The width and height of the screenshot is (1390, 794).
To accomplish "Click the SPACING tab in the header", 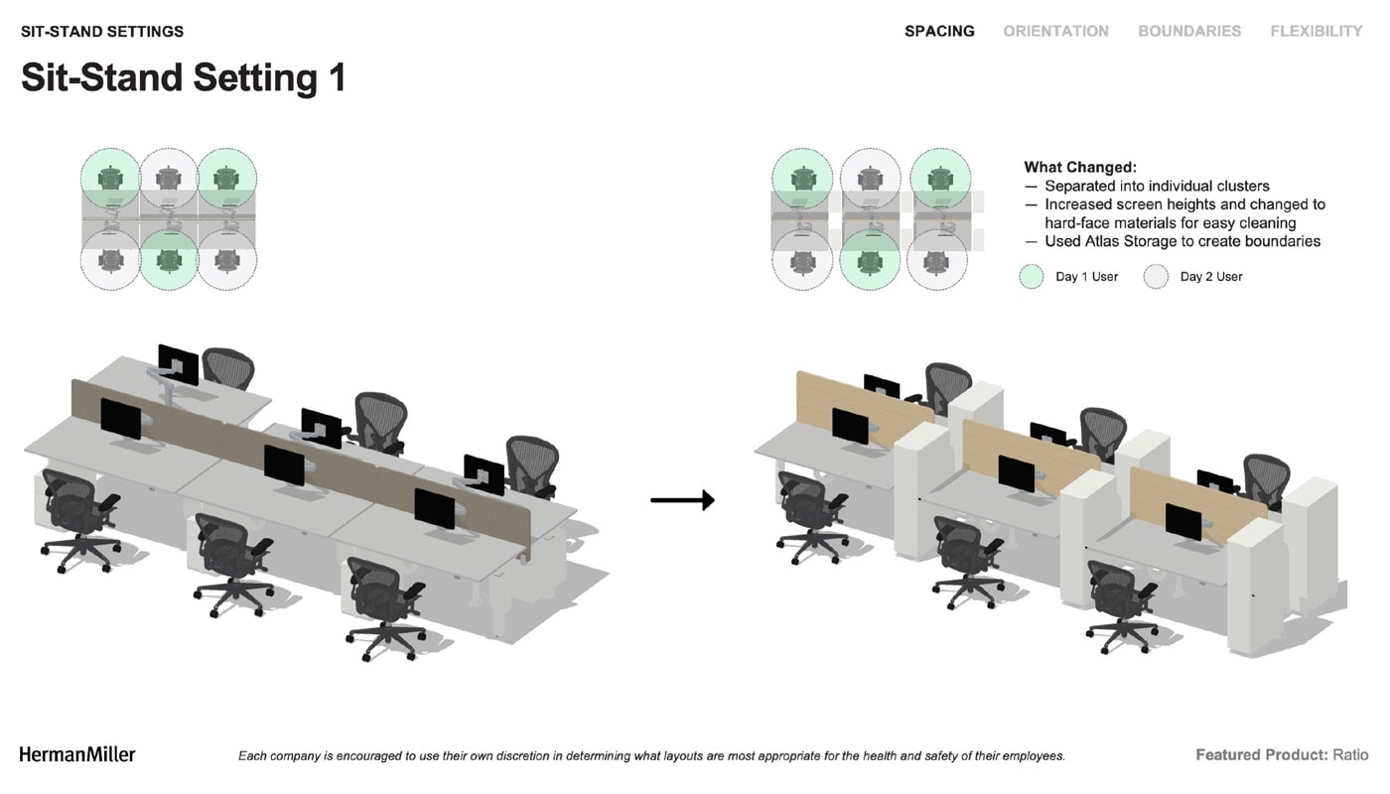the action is pos(939,31).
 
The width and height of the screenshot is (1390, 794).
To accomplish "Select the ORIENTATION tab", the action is pos(1055,31).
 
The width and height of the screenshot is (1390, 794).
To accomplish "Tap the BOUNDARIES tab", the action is pos(1189,31).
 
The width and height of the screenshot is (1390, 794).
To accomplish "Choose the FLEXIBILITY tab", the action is pos(1317,31).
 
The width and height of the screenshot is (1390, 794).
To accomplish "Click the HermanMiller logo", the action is pos(77,754).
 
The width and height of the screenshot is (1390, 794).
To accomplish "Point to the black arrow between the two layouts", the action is pos(683,500).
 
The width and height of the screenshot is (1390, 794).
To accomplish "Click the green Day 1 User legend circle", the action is pos(1032,277).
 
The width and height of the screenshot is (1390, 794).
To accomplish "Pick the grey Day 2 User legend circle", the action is pos(1156,277).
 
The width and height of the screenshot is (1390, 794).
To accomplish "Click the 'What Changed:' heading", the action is pos(1080,167).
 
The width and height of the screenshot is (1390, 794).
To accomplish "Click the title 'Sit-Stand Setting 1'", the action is pos(184,77).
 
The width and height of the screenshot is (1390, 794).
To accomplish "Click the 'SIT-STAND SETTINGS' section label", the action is pos(102,32).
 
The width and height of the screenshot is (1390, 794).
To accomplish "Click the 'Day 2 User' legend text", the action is pos(1211,277).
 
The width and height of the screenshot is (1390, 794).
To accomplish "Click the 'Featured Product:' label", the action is pos(1262,755).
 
